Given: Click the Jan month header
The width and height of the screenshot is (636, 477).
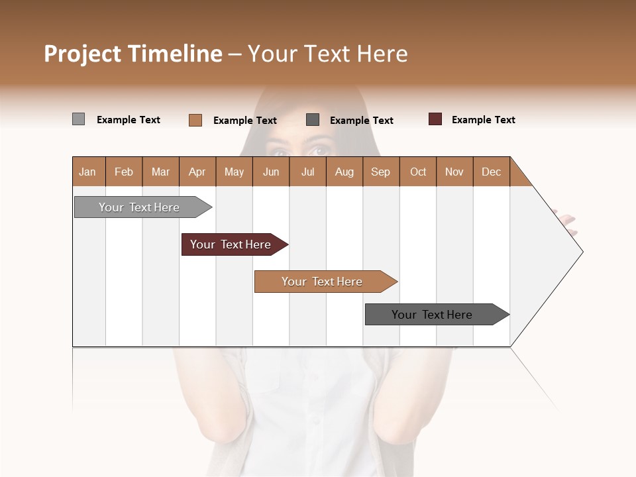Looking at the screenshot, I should click(88, 172).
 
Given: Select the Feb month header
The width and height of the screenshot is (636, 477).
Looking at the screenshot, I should click(124, 172).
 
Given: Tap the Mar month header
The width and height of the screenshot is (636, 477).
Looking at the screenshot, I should click(160, 172).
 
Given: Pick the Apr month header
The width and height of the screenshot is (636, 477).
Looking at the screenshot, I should click(197, 172).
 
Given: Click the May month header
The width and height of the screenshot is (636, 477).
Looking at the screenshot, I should click(234, 172).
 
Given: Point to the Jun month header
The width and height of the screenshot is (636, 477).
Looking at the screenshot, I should click(271, 172).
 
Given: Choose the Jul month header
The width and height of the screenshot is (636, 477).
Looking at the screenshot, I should click(307, 172).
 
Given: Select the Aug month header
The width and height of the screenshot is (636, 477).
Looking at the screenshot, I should click(344, 172).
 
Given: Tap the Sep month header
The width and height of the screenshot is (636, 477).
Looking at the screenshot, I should click(381, 172).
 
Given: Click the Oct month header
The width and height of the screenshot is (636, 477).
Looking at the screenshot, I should click(418, 172).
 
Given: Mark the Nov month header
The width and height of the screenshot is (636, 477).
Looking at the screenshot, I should click(454, 172).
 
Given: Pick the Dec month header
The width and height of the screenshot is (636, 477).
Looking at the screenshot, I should click(492, 172).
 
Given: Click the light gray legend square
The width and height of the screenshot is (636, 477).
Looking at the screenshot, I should click(78, 119).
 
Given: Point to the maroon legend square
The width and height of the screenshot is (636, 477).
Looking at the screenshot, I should click(435, 119).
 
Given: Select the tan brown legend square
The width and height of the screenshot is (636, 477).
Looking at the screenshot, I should click(195, 120).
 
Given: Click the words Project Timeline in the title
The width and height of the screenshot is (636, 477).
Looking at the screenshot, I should click(132, 54).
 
